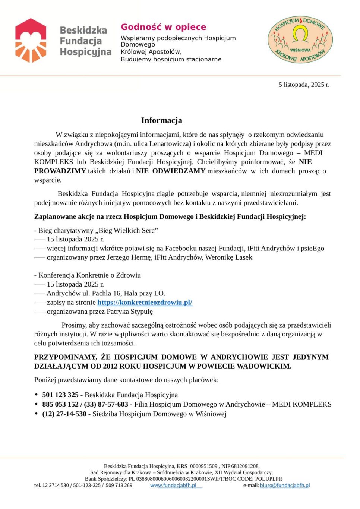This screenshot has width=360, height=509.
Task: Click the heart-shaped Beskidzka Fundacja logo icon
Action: click(31, 40)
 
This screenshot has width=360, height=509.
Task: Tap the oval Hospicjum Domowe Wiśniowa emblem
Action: click(300, 39)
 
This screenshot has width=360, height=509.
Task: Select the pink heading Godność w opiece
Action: click(163, 27)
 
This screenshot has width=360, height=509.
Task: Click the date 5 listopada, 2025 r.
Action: click(304, 85)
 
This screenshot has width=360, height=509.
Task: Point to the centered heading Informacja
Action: click(161, 120)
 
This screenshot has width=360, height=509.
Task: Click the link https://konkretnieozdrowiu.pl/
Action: click(145, 302)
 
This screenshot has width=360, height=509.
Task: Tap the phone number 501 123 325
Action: click(60, 395)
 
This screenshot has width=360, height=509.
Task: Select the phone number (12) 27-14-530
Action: click(64, 414)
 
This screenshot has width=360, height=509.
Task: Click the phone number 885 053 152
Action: click(60, 404)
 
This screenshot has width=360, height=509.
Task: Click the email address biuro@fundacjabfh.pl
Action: click(285, 485)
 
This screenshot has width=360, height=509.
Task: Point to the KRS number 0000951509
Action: click(203, 466)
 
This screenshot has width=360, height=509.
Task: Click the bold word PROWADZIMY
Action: click(60, 171)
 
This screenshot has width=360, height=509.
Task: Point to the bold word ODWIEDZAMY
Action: click(179, 171)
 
